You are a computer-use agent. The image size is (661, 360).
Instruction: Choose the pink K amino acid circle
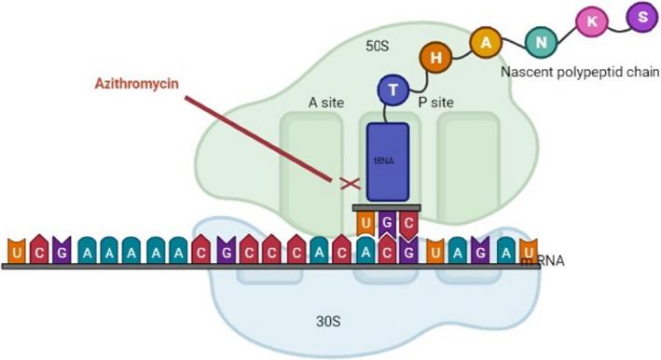[x=591, y=25]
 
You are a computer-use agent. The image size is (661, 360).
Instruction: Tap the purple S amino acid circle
[x=639, y=16]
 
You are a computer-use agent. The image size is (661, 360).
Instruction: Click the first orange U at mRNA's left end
[x=16, y=252]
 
